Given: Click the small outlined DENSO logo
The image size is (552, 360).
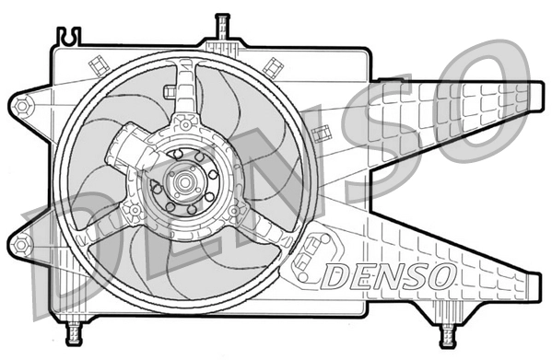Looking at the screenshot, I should point(388,273).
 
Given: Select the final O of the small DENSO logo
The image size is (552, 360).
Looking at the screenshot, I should point(440,273).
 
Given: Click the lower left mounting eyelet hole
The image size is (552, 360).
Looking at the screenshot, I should point(21,245).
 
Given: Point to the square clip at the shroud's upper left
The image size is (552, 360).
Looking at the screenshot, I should point(97,64).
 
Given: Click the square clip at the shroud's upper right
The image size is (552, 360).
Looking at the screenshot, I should point(274,64).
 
